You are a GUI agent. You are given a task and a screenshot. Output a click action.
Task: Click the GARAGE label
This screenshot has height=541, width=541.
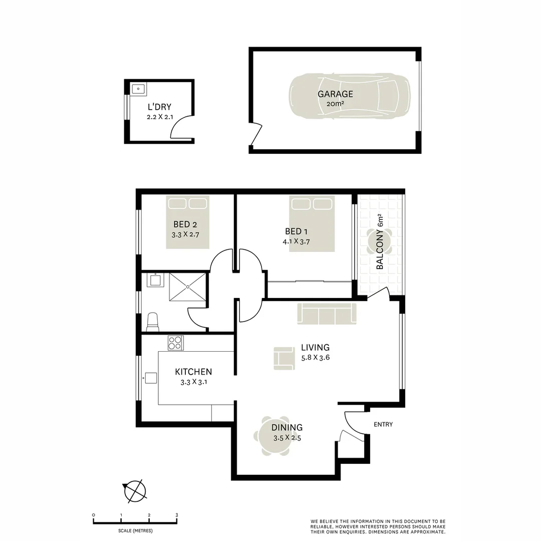click(x=335, y=94)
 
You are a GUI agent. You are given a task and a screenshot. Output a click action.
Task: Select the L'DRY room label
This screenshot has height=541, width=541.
click(x=159, y=107)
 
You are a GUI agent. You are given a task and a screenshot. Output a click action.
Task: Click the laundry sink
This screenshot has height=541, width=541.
click(x=138, y=90)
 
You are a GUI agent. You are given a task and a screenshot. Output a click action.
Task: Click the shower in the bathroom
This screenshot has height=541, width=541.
click(x=187, y=287)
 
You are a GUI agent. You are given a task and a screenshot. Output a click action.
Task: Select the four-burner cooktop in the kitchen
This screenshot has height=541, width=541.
click(x=175, y=343)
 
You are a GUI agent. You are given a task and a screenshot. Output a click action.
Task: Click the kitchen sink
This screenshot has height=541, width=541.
click(x=150, y=378)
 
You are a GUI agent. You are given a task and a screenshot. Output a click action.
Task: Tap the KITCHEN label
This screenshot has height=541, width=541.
click(x=193, y=372)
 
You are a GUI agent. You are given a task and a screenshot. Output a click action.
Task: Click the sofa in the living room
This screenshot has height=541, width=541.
click(x=327, y=314)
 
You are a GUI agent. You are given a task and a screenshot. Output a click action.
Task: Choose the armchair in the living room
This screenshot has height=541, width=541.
click(x=284, y=358)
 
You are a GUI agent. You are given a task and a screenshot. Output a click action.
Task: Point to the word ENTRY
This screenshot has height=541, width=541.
click(x=383, y=425)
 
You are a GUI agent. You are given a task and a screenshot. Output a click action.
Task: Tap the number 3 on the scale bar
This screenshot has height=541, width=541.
click(x=176, y=515)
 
